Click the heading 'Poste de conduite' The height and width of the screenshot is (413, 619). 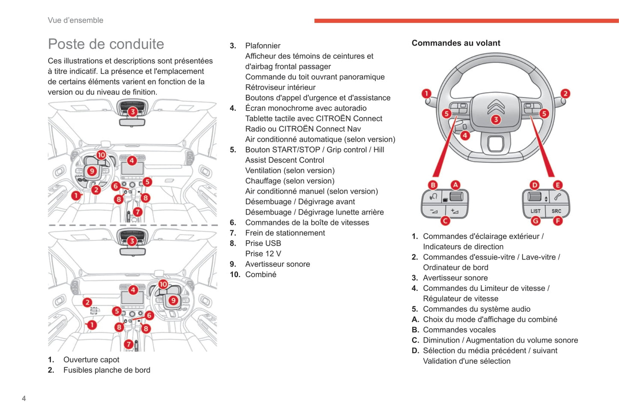106,44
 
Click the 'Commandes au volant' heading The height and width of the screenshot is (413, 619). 456,43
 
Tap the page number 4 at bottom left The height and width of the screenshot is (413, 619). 24,398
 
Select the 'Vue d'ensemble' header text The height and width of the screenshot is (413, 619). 75,20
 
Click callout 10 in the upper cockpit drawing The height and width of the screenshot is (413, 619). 101,155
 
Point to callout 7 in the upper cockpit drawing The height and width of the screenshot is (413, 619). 138,212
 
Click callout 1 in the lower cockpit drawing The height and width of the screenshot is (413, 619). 92,325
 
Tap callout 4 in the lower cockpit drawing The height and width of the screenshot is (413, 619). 133,290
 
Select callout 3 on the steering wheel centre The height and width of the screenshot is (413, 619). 496,120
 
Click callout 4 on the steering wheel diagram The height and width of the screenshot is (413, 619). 465,136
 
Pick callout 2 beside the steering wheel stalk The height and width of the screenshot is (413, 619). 565,93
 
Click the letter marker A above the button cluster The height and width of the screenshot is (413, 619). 455,185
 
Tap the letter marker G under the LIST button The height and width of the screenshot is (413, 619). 535,221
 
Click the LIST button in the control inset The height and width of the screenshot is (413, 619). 535,211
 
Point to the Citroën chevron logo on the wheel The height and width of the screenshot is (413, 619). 496,106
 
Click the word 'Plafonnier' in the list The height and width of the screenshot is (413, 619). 263,46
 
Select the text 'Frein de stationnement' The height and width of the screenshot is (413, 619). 285,233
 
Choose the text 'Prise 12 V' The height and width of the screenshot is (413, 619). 263,254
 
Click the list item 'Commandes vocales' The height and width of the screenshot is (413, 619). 459,330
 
